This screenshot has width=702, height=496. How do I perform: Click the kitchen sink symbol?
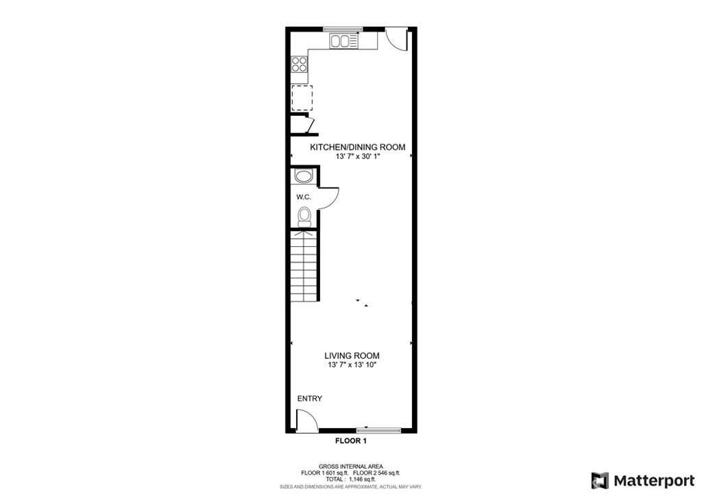click(x=344, y=41)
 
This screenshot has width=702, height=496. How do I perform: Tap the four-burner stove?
click(x=300, y=64)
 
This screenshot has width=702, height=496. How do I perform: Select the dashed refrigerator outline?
click(x=302, y=97)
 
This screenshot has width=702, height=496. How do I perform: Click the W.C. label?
click(x=304, y=197)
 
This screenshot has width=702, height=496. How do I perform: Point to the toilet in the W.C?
click(x=304, y=217)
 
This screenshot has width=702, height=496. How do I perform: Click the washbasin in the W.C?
click(x=303, y=176)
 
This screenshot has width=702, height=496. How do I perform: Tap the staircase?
click(x=304, y=265)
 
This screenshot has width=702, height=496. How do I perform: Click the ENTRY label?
click(x=310, y=399)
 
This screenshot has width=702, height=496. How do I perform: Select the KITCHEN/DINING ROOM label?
click(x=358, y=147)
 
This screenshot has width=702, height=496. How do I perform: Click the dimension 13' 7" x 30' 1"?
click(x=358, y=157)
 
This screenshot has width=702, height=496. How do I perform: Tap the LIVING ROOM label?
click(x=352, y=356)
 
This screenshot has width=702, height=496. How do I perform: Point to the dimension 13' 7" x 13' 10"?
click(x=352, y=365)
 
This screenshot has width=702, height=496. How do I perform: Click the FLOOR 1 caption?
click(x=351, y=441)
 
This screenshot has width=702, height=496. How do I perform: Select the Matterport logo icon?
click(x=600, y=481)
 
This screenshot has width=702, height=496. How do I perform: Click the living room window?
click(x=378, y=431)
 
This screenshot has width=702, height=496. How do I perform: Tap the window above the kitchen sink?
click(x=343, y=29)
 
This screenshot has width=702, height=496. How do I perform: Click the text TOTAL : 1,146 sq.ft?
click(x=350, y=479)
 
